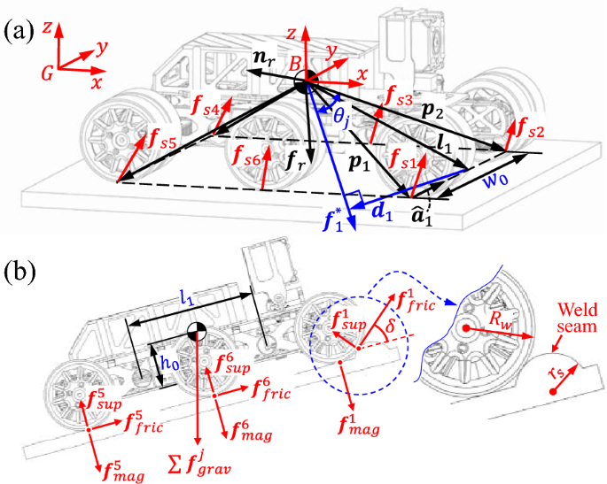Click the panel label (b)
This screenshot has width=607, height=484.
(x=19, y=268)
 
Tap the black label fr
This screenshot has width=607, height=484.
(x=270, y=160)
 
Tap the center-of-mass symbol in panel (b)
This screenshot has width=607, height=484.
(x=197, y=334)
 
